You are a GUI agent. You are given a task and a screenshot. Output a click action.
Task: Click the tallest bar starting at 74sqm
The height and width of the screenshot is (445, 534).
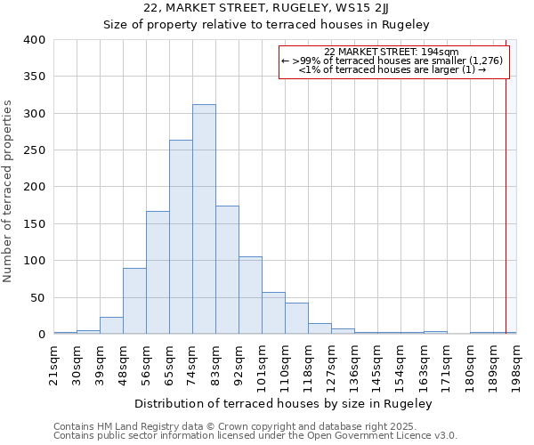pyautogui.click(x=204, y=219)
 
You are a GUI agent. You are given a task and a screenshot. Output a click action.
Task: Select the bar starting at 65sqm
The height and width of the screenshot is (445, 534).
pyautogui.click(x=181, y=237)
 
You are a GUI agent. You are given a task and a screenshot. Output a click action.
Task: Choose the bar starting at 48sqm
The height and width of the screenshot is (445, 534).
pyautogui.click(x=134, y=301)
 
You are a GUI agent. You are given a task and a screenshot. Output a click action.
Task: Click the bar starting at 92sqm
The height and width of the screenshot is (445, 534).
pyautogui.click(x=250, y=295)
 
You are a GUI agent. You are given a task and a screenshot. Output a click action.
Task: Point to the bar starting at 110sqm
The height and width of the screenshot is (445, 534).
pyautogui.click(x=296, y=319)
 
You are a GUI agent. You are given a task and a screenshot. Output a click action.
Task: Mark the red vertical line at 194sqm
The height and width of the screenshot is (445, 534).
pyautogui.click(x=506, y=196)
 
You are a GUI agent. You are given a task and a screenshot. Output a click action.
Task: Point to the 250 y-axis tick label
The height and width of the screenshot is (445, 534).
pyautogui.click(x=35, y=150)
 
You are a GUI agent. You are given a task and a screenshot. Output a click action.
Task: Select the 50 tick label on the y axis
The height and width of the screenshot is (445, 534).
pyautogui.click(x=38, y=297)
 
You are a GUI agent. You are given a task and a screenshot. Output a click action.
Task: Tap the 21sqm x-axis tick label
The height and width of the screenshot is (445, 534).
pyautogui.click(x=54, y=363)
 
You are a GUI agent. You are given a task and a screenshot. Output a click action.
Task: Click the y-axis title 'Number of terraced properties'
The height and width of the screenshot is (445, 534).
pyautogui.click(x=9, y=190)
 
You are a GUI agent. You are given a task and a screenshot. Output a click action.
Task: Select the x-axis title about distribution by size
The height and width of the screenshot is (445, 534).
pyautogui.click(x=285, y=404)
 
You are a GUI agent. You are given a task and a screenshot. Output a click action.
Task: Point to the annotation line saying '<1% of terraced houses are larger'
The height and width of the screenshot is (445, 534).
pyautogui.click(x=392, y=69)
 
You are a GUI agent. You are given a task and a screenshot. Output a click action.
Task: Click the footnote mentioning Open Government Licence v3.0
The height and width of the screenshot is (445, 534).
pyautogui.click(x=255, y=436)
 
